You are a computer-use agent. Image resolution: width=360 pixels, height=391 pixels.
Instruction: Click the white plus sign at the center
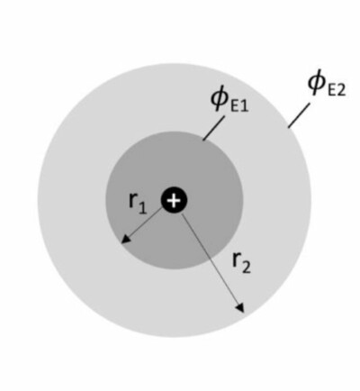pyautogui.click(x=174, y=200)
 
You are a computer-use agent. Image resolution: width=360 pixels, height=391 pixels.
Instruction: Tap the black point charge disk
pyautogui.click(x=174, y=200)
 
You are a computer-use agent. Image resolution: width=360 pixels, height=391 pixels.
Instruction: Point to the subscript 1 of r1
pyautogui.click(x=142, y=207)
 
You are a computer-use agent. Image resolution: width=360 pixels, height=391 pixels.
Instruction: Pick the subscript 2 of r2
pyautogui.click(x=246, y=267)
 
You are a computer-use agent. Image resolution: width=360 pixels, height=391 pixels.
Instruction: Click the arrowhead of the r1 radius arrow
pyautogui.click(x=126, y=239)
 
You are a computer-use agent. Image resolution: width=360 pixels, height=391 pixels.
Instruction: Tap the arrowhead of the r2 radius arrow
pyautogui.click(x=240, y=307)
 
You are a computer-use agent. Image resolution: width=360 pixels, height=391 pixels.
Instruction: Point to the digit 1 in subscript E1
pyautogui.click(x=244, y=105)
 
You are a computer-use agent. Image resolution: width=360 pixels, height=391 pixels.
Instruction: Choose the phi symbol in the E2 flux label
pyautogui.click(x=317, y=81)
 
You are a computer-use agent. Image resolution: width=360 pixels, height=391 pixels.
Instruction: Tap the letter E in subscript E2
pyautogui.click(x=331, y=90)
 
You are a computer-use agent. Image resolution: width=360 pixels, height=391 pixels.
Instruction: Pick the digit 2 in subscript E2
pyautogui.click(x=341, y=90)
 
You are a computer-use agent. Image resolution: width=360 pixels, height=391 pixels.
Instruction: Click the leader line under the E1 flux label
pyautogui.click(x=213, y=128)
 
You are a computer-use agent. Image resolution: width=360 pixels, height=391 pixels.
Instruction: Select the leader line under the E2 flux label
pyautogui.click(x=299, y=115)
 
